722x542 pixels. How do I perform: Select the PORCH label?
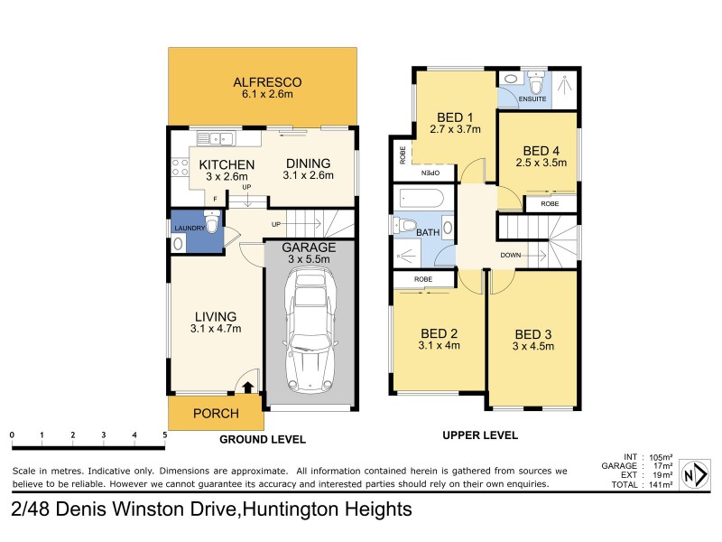(x=216, y=414)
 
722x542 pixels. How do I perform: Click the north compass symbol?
(x=694, y=474)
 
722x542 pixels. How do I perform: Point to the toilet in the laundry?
(x=210, y=222)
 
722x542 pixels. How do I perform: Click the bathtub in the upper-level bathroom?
(x=419, y=199)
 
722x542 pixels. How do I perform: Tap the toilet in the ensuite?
(x=536, y=86)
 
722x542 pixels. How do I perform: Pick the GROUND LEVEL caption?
(x=263, y=439)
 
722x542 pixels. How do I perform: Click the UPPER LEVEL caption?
(x=480, y=435)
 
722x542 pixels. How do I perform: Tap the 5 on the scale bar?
(x=164, y=435)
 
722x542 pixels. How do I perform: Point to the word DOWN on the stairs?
(x=511, y=256)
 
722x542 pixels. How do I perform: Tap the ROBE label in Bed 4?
(x=549, y=204)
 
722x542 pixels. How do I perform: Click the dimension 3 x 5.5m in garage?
(x=309, y=259)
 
